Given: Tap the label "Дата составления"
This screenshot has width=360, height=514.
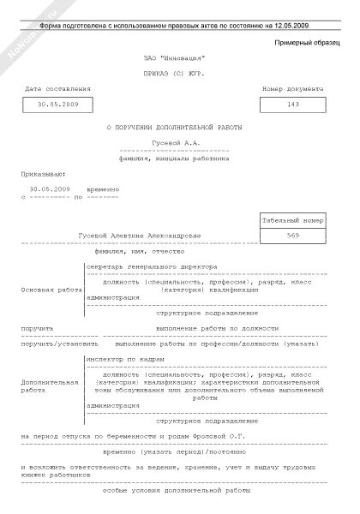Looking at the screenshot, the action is click(57, 89).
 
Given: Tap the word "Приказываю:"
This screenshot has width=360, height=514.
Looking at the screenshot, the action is click(41, 170).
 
